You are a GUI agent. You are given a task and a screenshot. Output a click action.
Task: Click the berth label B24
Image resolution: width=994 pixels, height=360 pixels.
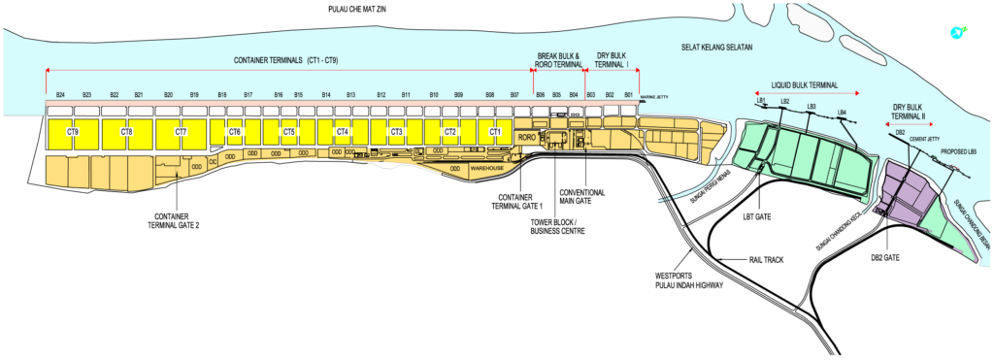tap(60, 94)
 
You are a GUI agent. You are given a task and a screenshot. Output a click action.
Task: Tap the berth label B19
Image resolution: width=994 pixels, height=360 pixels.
tap(194, 94)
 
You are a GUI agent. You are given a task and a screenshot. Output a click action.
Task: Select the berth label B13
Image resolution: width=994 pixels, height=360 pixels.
tap(350, 94)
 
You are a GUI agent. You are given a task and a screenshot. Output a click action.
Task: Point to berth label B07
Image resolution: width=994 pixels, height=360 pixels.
tap(514, 94)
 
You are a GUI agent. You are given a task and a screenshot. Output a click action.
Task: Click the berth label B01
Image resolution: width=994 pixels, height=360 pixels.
tap(628, 94)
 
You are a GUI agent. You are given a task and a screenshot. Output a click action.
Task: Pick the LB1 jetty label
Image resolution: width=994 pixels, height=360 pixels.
tap(762, 100)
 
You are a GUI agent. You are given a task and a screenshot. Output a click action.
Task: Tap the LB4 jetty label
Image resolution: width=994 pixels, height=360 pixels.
tap(842, 113)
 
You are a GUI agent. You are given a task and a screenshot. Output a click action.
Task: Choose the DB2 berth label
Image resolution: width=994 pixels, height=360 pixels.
tap(900, 132)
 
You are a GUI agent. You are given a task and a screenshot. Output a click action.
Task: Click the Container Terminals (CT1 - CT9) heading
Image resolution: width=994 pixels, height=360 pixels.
tap(285, 60)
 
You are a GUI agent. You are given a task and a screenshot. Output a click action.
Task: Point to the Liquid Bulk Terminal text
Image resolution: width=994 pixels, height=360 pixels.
tap(804, 85)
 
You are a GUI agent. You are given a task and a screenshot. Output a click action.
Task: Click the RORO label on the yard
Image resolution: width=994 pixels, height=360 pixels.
tap(527, 138)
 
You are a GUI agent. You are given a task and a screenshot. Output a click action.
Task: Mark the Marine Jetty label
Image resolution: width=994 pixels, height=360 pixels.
tap(654, 97)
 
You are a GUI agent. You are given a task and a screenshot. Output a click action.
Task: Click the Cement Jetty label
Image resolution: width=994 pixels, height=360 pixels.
tap(925, 139)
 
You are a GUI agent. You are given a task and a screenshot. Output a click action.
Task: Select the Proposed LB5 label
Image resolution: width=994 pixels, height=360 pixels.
tap(959, 152)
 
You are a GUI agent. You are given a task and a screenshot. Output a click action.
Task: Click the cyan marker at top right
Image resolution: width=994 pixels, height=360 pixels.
tap(958, 33)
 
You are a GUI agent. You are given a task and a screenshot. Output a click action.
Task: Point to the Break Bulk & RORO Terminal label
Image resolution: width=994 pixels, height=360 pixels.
tap(558, 59)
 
